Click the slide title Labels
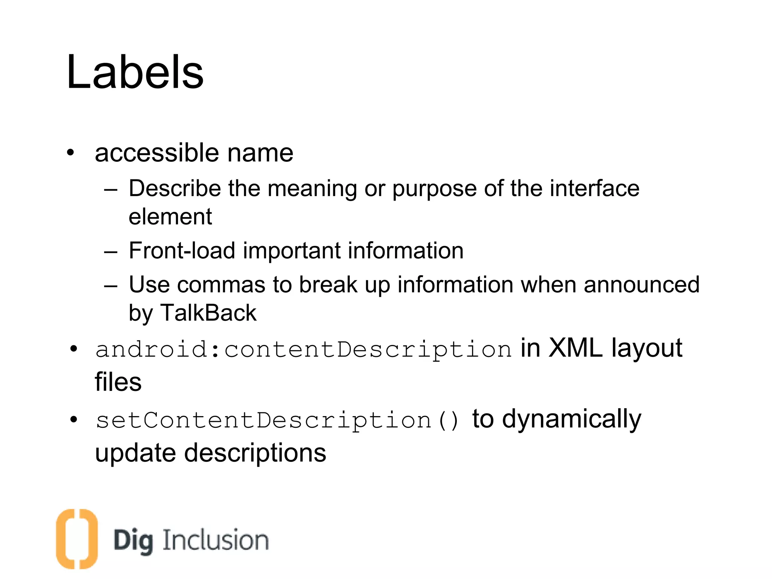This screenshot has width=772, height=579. pyautogui.click(x=135, y=72)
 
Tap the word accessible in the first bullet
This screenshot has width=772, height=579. pyautogui.click(x=156, y=153)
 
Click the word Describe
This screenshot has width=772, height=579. pyautogui.click(x=174, y=188)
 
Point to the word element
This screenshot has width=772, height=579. pyautogui.click(x=170, y=217)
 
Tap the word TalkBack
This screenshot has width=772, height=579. pyautogui.click(x=208, y=313)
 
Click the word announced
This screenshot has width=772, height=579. pyautogui.click(x=641, y=285)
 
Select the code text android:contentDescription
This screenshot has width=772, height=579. pyautogui.click(x=303, y=349)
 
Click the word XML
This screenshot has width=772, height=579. pyautogui.click(x=575, y=348)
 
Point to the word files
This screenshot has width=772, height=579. pyautogui.click(x=118, y=382)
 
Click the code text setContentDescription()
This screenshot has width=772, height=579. pyautogui.click(x=277, y=420)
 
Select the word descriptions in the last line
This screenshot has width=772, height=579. pyautogui.click(x=255, y=453)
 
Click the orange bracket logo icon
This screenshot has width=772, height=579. pyautogui.click(x=77, y=539)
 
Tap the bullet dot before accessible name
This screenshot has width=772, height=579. pyautogui.click(x=70, y=153)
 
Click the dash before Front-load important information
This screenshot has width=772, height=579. pyautogui.click(x=110, y=251)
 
